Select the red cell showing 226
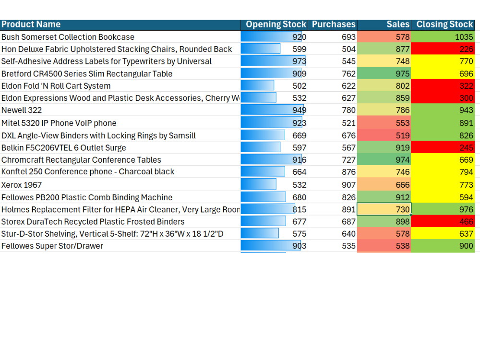pyautogui.click(x=443, y=49)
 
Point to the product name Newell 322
pyautogui.click(x=22, y=110)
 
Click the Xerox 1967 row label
pyautogui.click(x=22, y=185)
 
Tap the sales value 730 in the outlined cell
pyautogui.click(x=384, y=209)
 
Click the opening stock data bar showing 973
pyautogui.click(x=273, y=61)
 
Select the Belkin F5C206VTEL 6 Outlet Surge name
pyautogui.click(x=64, y=148)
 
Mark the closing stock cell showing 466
pyautogui.click(x=443, y=221)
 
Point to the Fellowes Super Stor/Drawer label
pyautogui.click(x=52, y=246)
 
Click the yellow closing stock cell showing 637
pyautogui.click(x=443, y=234)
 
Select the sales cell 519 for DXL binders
pyautogui.click(x=384, y=135)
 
